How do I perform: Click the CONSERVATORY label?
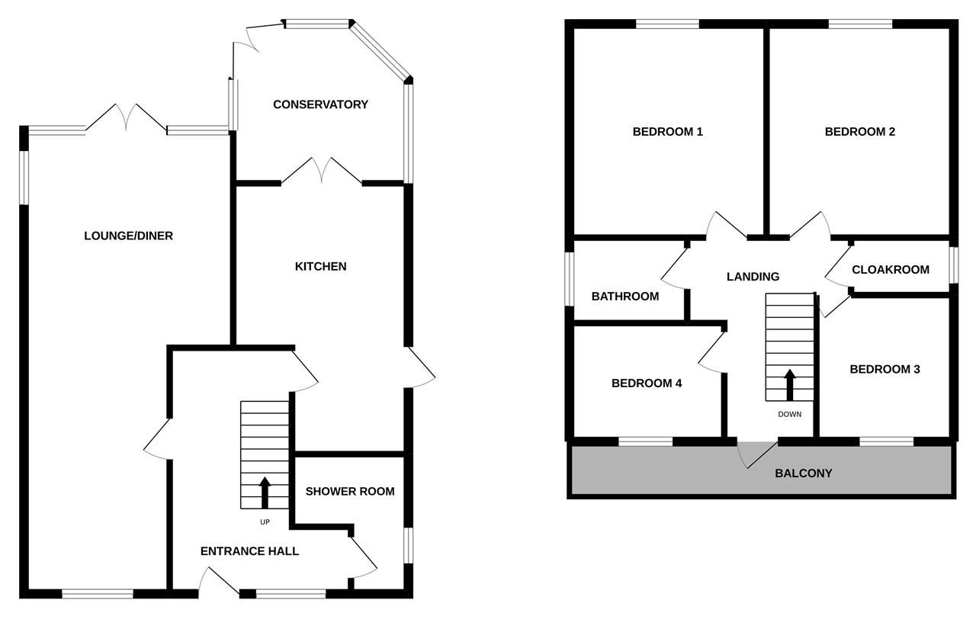320,104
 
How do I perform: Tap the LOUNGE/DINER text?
128,236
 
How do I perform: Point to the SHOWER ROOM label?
350,491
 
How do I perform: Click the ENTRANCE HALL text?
249,551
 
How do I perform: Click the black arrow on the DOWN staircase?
790,385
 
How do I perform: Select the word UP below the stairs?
265,523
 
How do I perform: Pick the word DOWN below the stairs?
790,415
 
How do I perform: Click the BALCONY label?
803,473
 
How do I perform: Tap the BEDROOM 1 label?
667,131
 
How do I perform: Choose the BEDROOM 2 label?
859,131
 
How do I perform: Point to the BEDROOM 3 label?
884,369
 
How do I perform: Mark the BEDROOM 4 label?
647,383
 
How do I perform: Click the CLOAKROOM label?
890,269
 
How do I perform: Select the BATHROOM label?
624,296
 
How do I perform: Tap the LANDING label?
753,277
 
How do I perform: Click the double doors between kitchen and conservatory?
322,172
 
